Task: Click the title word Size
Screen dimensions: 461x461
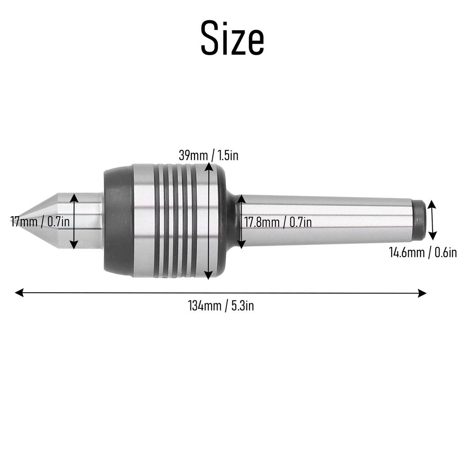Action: [232, 39]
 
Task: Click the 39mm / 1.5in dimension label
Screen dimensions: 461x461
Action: [208, 156]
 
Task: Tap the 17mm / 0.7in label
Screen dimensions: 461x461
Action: [40, 221]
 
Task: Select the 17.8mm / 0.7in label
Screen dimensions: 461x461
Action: [278, 221]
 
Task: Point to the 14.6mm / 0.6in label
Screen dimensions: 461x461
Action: [423, 252]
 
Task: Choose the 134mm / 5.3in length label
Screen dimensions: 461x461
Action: [221, 306]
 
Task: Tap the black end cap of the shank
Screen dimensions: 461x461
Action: [419, 220]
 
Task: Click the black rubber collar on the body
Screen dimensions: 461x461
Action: [118, 221]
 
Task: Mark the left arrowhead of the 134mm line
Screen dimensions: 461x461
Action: [19, 293]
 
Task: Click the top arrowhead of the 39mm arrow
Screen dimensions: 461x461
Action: [208, 167]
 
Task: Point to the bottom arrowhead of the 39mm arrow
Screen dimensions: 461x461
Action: [208, 276]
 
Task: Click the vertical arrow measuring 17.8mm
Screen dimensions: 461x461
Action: [241, 221]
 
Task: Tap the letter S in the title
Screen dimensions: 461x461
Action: [211, 39]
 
